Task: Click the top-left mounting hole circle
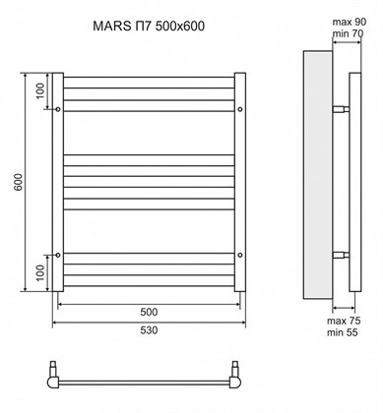coord(60,108)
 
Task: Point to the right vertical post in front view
coord(239,182)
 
